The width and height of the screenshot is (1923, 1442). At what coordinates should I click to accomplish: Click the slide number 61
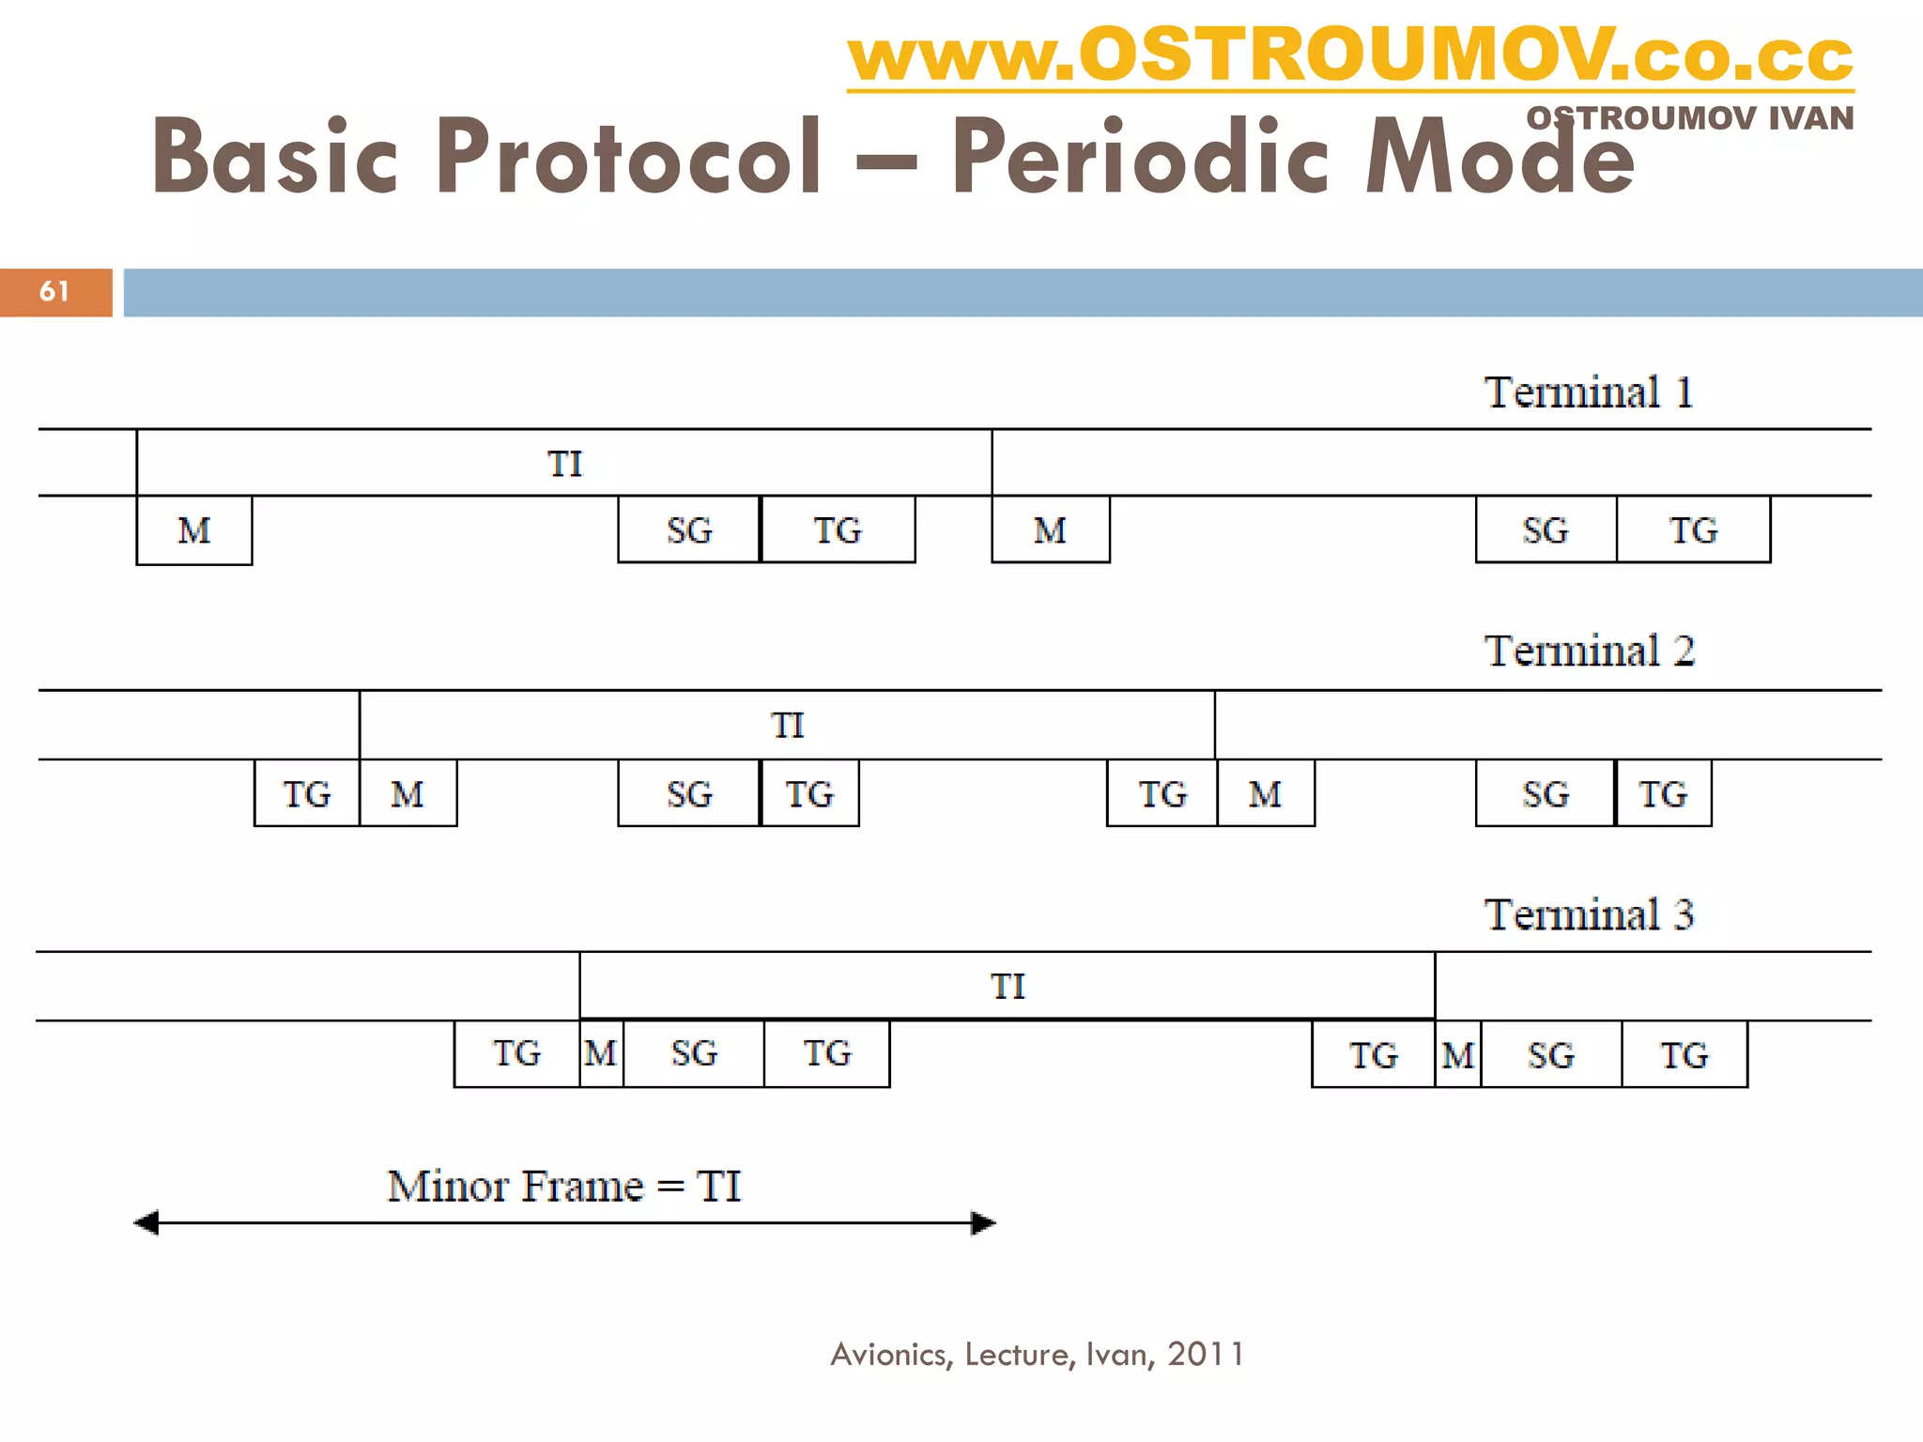tap(54, 292)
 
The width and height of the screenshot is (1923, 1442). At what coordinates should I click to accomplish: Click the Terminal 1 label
tap(1588, 392)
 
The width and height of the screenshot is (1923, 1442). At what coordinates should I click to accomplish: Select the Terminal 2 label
tap(1588, 652)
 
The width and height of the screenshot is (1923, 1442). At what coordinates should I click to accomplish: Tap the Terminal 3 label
tap(1588, 915)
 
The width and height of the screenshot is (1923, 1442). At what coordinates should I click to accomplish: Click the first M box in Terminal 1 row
tap(194, 531)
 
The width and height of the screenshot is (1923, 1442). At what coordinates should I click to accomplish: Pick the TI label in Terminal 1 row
tap(564, 464)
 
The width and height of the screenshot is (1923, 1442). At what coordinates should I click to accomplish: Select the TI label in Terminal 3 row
tap(1008, 987)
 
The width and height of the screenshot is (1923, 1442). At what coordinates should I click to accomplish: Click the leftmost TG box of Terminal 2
tap(307, 794)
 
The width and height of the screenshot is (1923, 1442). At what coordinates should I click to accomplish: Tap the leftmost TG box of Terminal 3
tap(516, 1053)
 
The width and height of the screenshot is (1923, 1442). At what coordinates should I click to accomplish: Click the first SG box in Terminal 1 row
tap(689, 531)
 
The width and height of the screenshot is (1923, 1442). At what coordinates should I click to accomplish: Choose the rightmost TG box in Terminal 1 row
tap(1693, 531)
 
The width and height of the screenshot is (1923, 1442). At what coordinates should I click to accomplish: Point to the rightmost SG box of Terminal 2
tap(1545, 794)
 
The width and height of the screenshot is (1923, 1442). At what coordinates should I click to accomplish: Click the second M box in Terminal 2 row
tap(1265, 794)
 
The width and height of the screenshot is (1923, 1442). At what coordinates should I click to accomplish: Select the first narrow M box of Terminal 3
tap(601, 1053)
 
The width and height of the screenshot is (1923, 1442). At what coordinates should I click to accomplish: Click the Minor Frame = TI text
tap(564, 1187)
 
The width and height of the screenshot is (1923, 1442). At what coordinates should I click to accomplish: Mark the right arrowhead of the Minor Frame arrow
tap(983, 1223)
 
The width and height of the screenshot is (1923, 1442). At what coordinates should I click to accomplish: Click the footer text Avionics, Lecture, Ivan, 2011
tap(1037, 1355)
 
